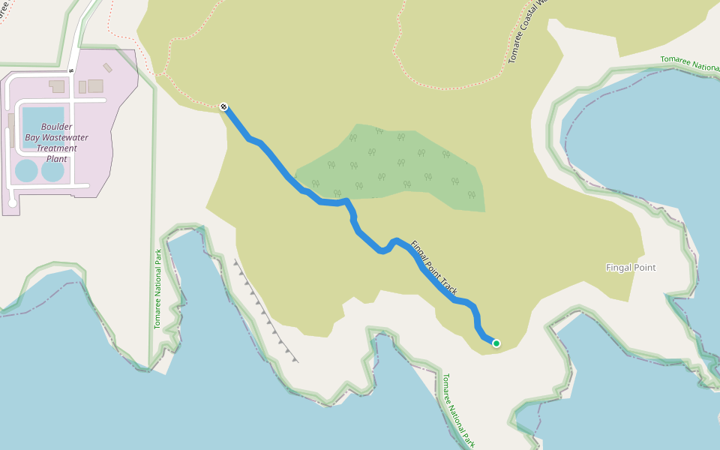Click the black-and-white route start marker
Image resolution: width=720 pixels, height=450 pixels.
223,107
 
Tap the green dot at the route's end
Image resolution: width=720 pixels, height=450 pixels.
496,343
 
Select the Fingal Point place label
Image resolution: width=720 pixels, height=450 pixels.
631,268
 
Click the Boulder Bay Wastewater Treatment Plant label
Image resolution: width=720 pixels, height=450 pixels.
57,142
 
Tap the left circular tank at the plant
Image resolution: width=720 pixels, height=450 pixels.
26,171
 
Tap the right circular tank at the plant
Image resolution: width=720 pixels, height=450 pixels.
53,171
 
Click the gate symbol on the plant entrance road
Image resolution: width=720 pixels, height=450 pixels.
70,70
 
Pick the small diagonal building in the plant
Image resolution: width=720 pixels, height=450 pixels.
108,67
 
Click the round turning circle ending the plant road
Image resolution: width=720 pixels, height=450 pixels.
12,202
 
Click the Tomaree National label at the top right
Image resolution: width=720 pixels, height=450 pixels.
689,64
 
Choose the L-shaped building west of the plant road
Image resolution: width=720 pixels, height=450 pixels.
57,86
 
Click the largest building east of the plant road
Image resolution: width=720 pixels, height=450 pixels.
95,85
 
